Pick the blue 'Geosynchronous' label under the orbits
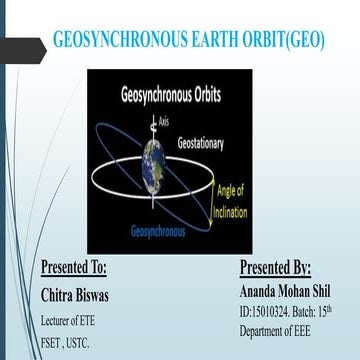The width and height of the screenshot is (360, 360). (x=159, y=232)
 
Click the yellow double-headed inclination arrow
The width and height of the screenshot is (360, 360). (x=212, y=213)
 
